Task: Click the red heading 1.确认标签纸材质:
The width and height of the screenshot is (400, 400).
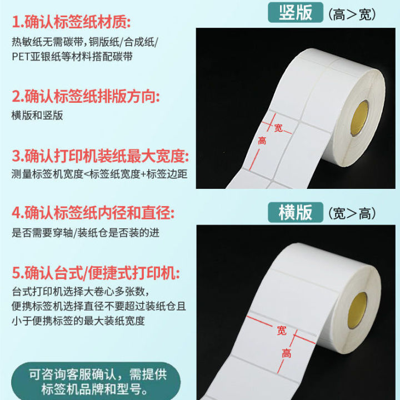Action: tap(72, 23)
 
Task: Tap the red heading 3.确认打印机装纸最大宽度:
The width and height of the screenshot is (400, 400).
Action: tap(101, 155)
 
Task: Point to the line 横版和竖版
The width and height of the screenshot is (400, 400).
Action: tap(37, 116)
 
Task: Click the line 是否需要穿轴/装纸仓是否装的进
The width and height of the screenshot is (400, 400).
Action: tap(86, 233)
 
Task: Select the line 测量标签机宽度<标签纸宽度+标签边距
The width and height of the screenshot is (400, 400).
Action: tap(99, 174)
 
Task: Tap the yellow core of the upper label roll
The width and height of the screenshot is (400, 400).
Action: tap(359, 118)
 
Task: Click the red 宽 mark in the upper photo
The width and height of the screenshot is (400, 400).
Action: tap(278, 128)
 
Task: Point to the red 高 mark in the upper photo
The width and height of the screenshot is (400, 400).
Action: tap(262, 141)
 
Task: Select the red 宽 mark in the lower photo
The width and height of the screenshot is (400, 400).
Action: tap(282, 331)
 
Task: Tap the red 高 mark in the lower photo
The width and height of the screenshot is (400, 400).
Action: tap(286, 353)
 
